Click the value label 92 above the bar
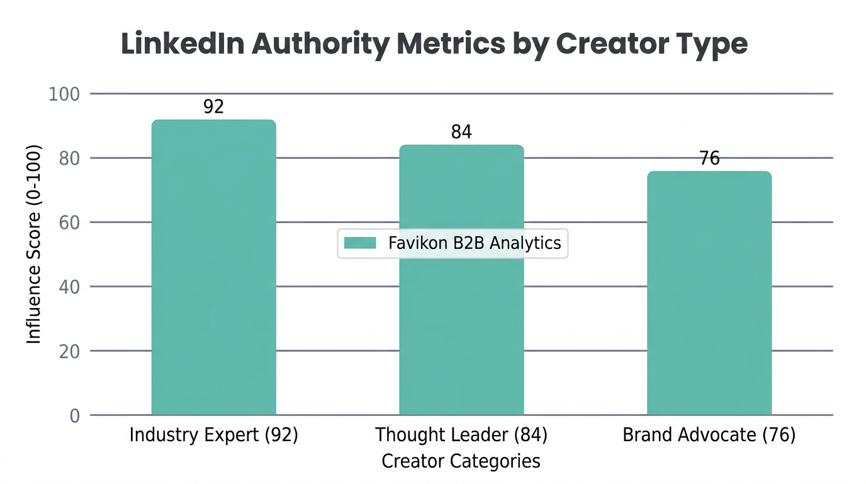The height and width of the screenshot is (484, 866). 213,107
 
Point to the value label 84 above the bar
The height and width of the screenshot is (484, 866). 461,132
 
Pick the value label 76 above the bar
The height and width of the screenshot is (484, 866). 709,158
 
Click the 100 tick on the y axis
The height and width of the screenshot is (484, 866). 64,95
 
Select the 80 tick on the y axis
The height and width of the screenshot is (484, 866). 69,158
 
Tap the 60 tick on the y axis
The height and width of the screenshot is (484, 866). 69,222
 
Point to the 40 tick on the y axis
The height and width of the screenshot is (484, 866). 69,287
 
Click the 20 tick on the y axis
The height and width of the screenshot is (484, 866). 69,351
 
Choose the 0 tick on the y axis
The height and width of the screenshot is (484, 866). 74,416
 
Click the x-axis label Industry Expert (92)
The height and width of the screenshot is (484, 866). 213,435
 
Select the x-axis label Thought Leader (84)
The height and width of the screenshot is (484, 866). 461,435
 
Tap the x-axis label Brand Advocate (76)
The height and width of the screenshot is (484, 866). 709,435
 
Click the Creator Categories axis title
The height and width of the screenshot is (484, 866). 461,461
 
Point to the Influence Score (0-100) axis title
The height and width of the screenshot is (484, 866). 34,245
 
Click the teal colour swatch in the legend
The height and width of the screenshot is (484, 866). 360,243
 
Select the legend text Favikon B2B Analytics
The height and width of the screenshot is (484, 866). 474,243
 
